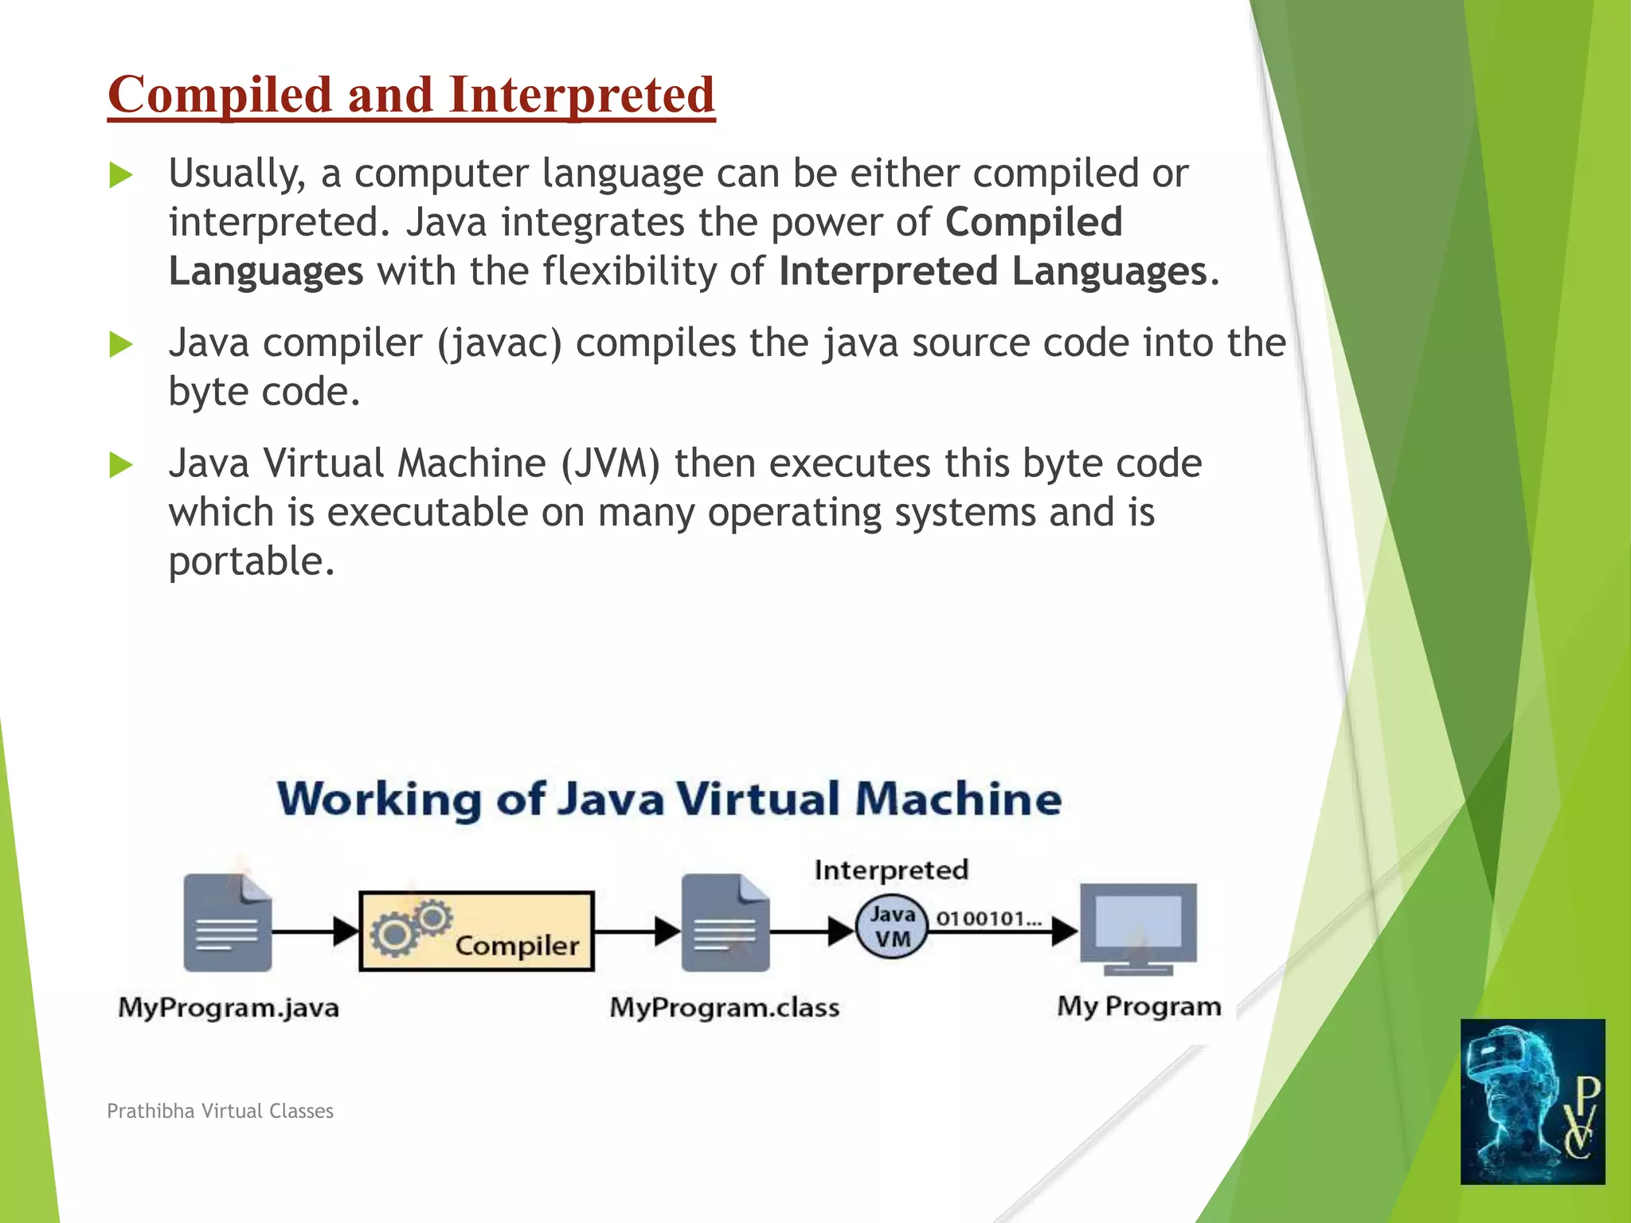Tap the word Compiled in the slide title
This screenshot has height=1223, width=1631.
pos(219,95)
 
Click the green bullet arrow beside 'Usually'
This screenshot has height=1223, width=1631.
pos(120,174)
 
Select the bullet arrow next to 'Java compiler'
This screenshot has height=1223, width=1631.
pos(120,345)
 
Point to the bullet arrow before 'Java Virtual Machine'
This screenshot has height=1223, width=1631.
pos(120,465)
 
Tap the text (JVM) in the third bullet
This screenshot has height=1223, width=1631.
pos(610,464)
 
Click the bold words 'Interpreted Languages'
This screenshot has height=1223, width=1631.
pos(992,272)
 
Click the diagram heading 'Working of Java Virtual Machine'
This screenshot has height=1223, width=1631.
pos(669,799)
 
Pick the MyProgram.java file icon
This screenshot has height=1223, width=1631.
pos(227,923)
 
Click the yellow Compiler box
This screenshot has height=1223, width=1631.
pos(476,931)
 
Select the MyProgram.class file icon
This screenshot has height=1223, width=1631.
pos(725,923)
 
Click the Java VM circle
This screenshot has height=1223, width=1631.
pos(892,928)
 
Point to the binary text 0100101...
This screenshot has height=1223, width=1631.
pos(988,919)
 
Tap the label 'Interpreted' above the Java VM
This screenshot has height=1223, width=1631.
pos(891,870)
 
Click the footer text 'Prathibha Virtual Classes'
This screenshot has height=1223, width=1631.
pos(221,1112)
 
